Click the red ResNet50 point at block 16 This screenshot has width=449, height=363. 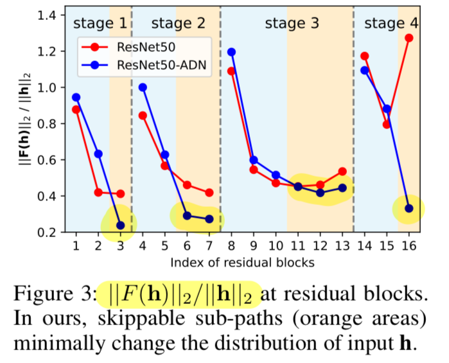point(409,38)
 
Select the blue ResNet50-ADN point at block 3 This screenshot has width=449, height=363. point(121,226)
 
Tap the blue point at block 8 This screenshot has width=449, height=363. point(231,52)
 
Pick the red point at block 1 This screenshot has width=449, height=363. point(76,109)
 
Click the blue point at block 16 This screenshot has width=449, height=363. point(409,209)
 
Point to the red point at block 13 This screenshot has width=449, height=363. point(342,172)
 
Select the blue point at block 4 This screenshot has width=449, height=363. point(143,87)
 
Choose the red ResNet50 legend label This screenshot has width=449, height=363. point(146,48)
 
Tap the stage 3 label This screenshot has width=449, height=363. point(292,23)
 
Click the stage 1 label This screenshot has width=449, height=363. point(100,23)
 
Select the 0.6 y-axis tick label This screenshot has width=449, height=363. point(47,160)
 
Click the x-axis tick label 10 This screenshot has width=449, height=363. point(276,245)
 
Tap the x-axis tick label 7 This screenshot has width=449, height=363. point(209,245)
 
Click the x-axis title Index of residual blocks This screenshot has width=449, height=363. point(243,262)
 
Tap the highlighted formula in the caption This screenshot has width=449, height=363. point(180,295)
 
